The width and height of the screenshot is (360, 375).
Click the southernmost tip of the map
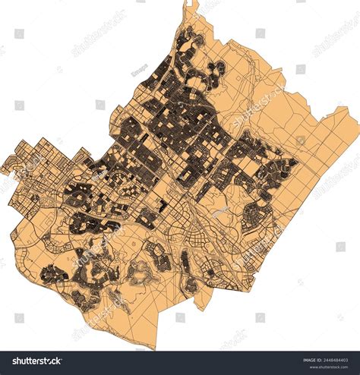pos(155,348)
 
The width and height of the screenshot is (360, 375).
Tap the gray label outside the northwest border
pos(139,71)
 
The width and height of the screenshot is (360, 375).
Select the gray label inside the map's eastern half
pos(220,213)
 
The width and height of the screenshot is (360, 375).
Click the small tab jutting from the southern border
pos(199,304)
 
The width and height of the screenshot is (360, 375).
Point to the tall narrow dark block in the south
pos(185,265)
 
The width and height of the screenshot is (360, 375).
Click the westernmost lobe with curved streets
pos(13,164)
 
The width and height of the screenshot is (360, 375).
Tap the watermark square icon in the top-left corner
pos(19,33)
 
